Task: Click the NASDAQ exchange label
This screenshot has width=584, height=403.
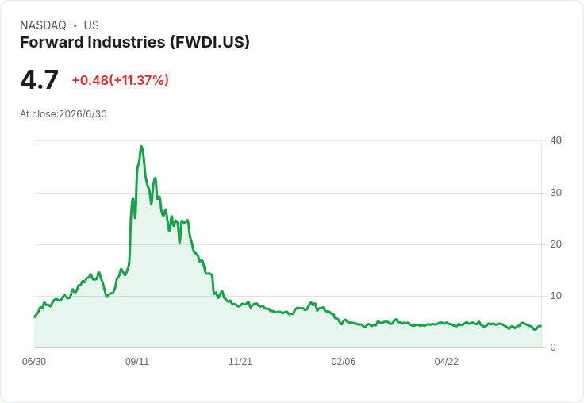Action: (43, 25)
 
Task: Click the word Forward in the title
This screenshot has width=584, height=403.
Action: (52, 42)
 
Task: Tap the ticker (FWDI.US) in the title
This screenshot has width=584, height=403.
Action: (210, 42)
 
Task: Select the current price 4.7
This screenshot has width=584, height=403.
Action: (40, 79)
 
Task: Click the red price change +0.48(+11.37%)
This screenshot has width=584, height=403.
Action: (121, 80)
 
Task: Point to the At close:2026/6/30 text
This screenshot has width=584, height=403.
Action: (63, 114)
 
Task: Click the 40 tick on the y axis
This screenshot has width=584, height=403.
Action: (555, 140)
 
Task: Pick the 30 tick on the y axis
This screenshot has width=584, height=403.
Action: (555, 193)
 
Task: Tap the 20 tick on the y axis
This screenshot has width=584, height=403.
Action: (555, 244)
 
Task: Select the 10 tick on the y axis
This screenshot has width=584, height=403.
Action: (555, 296)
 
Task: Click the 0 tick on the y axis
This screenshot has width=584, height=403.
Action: (553, 347)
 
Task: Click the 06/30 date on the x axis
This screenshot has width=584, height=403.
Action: (34, 362)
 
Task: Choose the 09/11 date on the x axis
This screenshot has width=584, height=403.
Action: (137, 362)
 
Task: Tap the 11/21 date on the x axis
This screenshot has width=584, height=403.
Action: (240, 362)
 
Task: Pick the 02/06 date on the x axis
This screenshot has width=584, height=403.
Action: (344, 362)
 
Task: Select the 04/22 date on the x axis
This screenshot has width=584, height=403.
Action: (446, 362)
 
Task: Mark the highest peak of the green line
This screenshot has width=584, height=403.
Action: (141, 146)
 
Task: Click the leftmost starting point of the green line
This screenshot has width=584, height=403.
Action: (35, 317)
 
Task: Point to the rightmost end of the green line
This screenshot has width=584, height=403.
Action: (541, 326)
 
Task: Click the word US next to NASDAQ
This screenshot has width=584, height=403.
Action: (91, 25)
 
